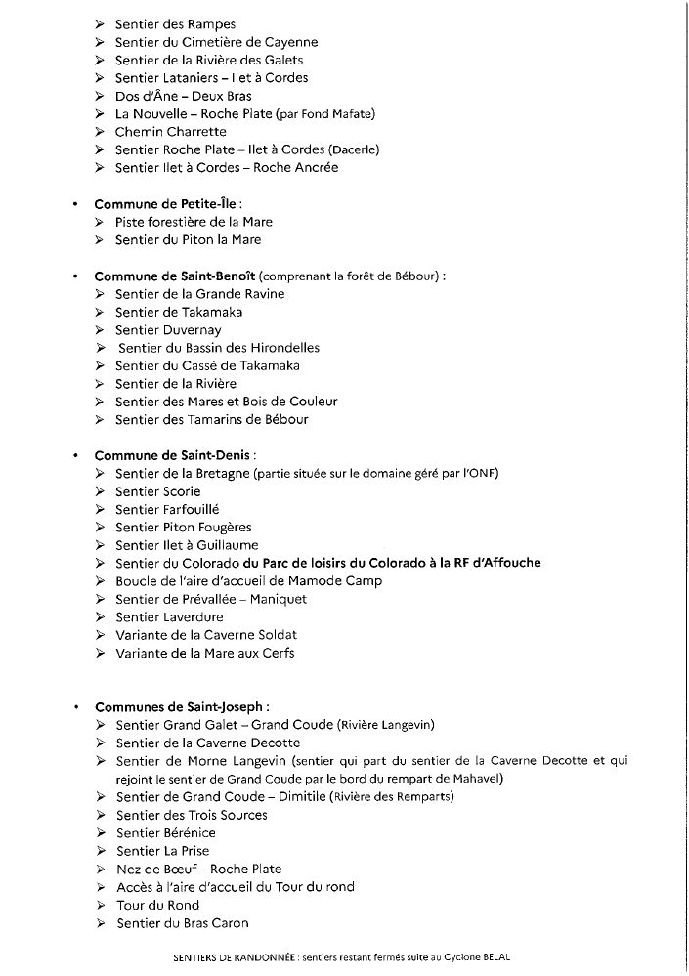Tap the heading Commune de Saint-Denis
pyautogui.click(x=172, y=455)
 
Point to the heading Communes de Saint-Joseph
pyautogui.click(x=182, y=706)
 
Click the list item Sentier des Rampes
pyautogui.click(x=175, y=24)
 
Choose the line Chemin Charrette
pyautogui.click(x=170, y=132)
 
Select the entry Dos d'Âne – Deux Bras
pyautogui.click(x=183, y=96)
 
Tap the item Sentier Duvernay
pyautogui.click(x=168, y=330)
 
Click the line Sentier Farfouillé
pyautogui.click(x=167, y=509)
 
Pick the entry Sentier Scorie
pyautogui.click(x=157, y=491)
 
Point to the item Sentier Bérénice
pyautogui.click(x=165, y=833)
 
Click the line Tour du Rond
pyautogui.click(x=157, y=906)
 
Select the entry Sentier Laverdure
pyautogui.click(x=169, y=617)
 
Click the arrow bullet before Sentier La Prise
pyautogui.click(x=101, y=851)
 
